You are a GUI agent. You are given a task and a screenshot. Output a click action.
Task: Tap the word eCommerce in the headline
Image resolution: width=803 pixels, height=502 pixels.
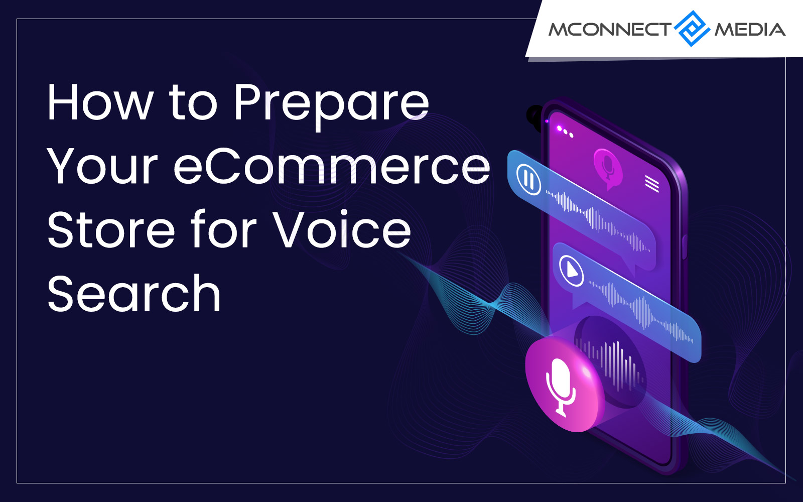332,167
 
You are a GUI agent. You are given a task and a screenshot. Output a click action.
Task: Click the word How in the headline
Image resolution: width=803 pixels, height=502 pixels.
101,102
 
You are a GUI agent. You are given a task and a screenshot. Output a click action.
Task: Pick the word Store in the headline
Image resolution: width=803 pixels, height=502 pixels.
111,229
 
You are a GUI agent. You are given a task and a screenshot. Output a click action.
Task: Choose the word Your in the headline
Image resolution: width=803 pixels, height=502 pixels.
102,167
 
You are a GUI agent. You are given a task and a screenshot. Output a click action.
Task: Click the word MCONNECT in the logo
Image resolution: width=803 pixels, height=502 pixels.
610,30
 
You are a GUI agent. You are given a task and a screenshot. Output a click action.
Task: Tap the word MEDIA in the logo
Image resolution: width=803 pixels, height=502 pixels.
750,30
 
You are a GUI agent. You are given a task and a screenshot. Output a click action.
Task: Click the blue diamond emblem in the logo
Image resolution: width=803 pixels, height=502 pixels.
692,29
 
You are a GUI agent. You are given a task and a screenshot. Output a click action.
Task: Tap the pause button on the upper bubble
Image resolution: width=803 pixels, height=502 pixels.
529,179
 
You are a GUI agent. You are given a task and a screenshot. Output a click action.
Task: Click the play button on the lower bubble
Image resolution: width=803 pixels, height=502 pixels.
571,271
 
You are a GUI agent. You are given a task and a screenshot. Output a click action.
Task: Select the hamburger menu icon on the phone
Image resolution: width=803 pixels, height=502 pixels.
652,184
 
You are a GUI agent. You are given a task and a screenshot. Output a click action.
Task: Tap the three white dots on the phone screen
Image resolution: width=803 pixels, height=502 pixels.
565,132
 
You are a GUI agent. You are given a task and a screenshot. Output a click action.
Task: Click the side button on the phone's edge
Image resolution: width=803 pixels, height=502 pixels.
685,247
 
